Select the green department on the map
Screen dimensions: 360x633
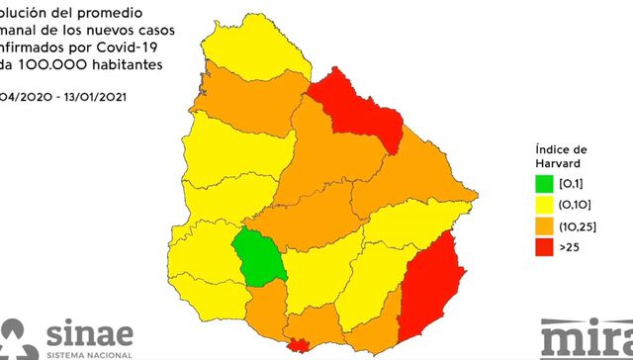(258, 256)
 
